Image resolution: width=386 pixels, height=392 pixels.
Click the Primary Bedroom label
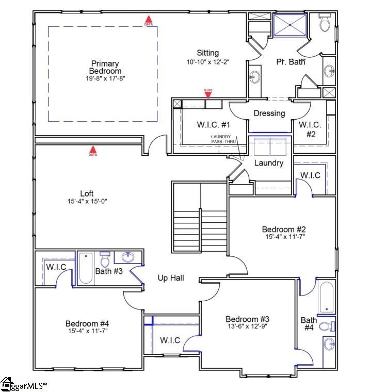(105, 68)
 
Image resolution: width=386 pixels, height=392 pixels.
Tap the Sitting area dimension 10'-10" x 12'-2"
(207, 61)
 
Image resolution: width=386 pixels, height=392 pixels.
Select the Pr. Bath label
(291, 62)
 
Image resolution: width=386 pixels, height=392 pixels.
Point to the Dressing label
(269, 113)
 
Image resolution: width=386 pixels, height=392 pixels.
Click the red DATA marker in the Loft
(93, 151)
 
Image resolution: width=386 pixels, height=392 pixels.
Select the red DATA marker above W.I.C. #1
(208, 93)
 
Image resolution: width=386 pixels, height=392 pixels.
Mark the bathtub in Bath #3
(86, 267)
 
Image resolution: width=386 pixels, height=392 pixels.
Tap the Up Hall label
(171, 278)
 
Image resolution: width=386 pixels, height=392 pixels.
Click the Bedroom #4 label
(87, 323)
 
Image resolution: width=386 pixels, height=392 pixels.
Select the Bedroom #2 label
(283, 230)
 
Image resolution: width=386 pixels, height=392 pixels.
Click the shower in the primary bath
(289, 25)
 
